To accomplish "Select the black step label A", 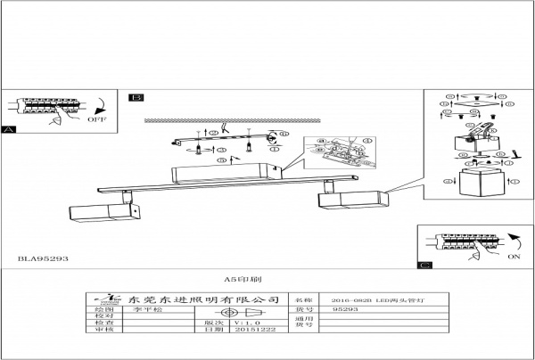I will (10, 130).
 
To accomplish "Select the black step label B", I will (135, 97).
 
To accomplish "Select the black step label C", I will (424, 265).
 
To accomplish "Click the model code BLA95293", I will (43, 258).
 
